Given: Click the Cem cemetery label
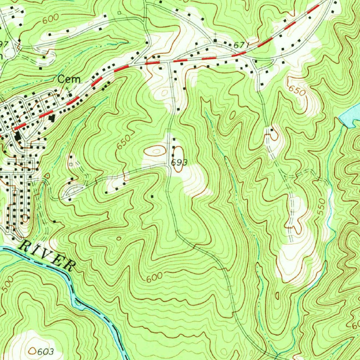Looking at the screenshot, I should click(69, 79).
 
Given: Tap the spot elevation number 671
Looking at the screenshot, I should click(241, 45).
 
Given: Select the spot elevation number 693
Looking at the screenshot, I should click(179, 162).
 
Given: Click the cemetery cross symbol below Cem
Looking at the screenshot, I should click(69, 94).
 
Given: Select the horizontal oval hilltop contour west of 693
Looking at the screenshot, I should click(155, 151).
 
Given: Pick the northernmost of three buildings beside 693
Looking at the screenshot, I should click(174, 140).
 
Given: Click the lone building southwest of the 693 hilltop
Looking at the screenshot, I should click(152, 196).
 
